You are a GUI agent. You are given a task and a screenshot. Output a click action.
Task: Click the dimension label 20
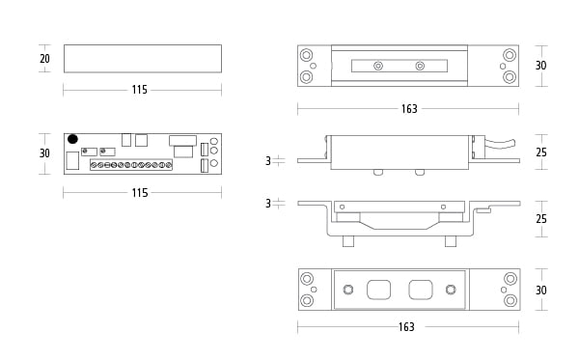pos(44,58)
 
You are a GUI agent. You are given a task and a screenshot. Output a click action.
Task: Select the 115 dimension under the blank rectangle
pos(140,90)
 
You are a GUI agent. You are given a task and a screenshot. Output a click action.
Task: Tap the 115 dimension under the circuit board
pos(140,192)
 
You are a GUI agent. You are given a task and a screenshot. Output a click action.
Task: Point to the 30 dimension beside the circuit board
pos(44,152)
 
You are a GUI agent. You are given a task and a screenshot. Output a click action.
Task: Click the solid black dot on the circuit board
pos(72,139)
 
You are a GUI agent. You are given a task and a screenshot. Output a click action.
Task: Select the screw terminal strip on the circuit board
pos(131,165)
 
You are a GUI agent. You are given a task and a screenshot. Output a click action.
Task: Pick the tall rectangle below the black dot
pos(72,160)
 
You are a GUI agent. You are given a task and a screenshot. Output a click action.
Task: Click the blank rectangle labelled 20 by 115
pos(143,59)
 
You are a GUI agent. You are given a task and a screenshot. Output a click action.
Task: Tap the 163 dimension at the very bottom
pos(406,327)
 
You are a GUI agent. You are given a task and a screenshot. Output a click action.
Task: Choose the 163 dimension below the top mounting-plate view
pos(409,108)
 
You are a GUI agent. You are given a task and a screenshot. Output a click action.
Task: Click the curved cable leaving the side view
pos(500,144)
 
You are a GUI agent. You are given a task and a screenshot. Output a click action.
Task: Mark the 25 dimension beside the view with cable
pos(541,152)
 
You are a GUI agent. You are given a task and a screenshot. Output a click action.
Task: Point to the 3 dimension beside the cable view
pos(268,161)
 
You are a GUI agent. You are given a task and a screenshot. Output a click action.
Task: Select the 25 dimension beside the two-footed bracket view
pos(541,218)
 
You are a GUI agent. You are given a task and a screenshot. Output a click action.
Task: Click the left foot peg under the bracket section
pos(348,241)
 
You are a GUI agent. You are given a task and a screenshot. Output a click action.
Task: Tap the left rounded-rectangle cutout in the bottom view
pos(379,290)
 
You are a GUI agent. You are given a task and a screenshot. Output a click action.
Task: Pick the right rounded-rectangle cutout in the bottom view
pos(421,290)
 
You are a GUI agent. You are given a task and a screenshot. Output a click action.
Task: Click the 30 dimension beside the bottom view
pos(541,290)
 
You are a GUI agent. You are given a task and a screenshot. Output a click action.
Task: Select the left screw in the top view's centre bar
pos(378,66)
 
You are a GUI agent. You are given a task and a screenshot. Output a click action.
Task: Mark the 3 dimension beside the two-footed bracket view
pos(268,204)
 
